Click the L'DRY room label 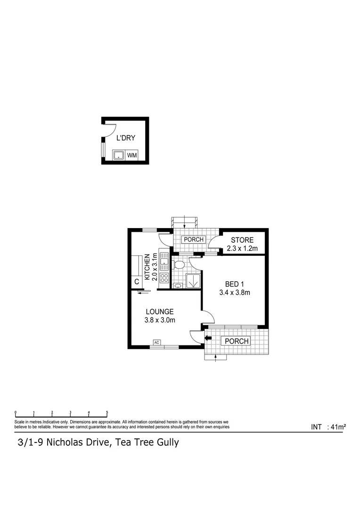point(126,138)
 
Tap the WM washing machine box point(132,155)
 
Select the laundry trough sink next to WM point(118,155)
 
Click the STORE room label point(242,240)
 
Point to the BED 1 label point(234,284)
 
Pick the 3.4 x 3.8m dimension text point(234,292)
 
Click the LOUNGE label point(160,312)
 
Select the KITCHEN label point(147,267)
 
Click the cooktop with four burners point(164,278)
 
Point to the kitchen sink point(164,260)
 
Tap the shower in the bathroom point(193,281)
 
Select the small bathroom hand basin point(178,286)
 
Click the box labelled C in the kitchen point(137,282)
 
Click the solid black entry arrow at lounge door point(208,337)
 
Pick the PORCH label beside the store point(194,239)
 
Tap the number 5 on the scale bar point(107,412)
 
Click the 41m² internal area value point(339,427)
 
